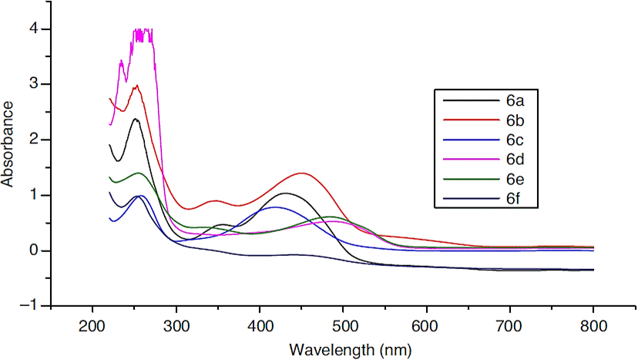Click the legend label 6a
point(515,100)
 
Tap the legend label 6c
point(515,140)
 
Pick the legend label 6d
point(515,159)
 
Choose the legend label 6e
point(515,179)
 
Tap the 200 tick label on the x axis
point(92,325)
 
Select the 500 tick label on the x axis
point(343,325)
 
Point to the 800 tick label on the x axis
point(593,325)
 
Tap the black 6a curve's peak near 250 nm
point(135,119)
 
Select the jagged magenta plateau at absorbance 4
point(143,32)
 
